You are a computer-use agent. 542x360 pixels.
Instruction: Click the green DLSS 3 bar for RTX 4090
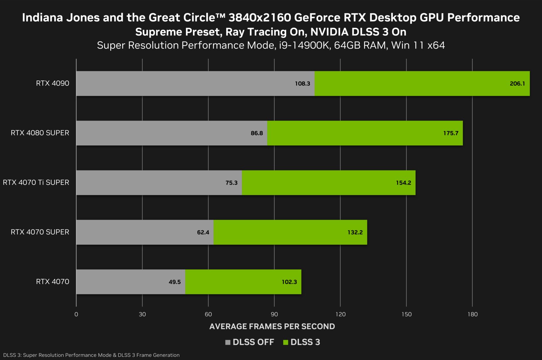tap(422, 83)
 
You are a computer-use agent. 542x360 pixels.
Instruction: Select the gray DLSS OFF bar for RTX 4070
tap(130, 282)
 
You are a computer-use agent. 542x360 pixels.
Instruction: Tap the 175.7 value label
tap(451, 133)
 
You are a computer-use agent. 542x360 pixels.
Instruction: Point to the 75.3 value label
tap(231, 183)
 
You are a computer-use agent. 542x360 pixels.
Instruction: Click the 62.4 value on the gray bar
tap(203, 232)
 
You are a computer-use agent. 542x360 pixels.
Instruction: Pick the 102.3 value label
tap(289, 282)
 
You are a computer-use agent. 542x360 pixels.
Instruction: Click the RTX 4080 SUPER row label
tap(40, 133)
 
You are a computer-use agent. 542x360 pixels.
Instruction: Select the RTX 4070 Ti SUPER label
tap(36, 182)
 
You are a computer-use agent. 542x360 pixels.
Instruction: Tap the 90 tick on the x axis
tap(274, 314)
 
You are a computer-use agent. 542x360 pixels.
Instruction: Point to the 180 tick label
tap(472, 314)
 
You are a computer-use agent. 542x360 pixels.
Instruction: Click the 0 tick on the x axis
tap(76, 314)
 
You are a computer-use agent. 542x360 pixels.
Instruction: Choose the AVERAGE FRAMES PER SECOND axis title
tap(272, 326)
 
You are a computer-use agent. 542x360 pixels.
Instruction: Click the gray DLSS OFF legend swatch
tap(228, 342)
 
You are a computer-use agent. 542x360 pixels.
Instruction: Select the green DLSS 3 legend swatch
tap(286, 342)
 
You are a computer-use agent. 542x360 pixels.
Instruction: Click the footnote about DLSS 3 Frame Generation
tap(91, 355)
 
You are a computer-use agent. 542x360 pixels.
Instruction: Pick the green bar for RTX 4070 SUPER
tap(290, 232)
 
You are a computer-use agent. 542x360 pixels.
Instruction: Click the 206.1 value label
tap(517, 84)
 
